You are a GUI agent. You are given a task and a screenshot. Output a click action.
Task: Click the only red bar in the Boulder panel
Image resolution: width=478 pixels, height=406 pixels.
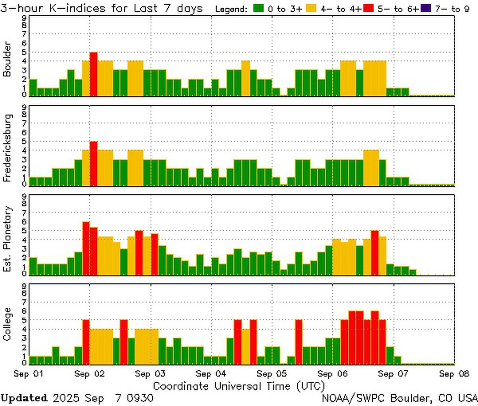click(x=94, y=74)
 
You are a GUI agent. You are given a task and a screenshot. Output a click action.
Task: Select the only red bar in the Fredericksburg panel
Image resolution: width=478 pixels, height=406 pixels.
click(x=94, y=163)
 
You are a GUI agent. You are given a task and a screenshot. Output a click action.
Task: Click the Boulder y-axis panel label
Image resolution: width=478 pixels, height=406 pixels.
click(x=7, y=59)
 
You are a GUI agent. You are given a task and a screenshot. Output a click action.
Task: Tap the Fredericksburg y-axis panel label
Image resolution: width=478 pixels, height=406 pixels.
click(x=7, y=148)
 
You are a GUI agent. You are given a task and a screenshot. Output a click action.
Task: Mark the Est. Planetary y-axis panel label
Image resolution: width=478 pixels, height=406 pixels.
click(x=7, y=239)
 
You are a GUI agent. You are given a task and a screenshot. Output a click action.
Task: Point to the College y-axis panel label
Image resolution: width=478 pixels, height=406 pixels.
click(x=7, y=324)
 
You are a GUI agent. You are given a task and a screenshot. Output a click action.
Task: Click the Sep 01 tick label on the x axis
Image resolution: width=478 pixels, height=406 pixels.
click(x=29, y=374)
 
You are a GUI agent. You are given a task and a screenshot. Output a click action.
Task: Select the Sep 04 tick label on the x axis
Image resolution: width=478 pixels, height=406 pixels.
click(x=211, y=374)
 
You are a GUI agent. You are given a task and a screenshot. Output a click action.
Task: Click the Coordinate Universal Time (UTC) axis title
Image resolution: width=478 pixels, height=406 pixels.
click(x=239, y=386)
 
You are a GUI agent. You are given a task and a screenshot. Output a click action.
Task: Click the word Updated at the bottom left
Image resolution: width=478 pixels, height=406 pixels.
click(x=24, y=398)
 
